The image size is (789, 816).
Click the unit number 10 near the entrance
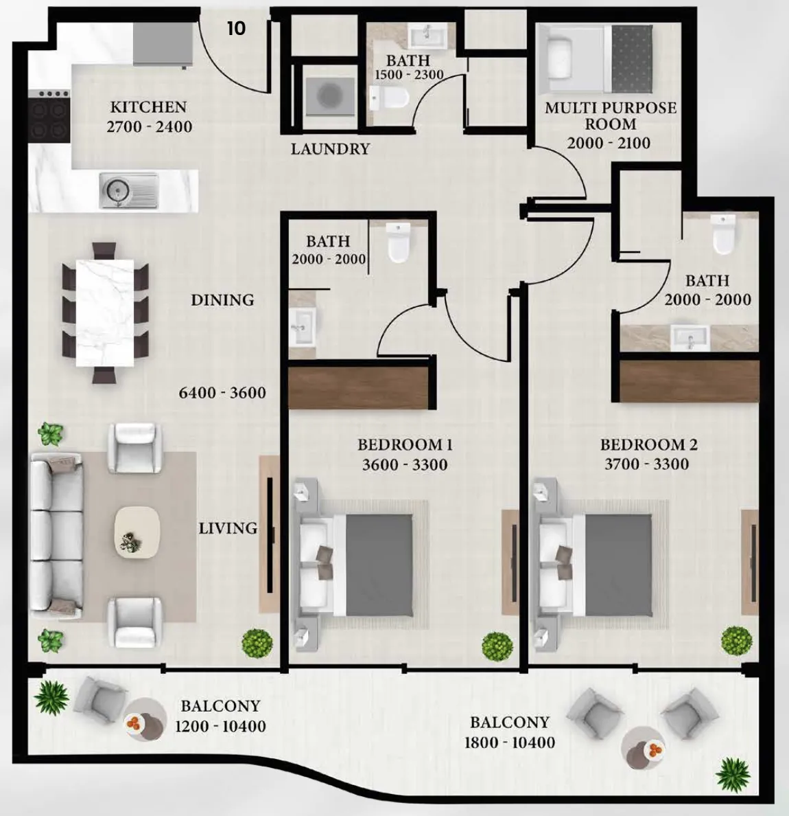click(x=236, y=28)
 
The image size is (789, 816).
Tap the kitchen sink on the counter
click(x=129, y=190)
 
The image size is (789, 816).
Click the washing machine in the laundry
click(x=330, y=97)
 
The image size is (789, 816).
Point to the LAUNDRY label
click(x=330, y=149)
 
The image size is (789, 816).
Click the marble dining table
click(x=105, y=313)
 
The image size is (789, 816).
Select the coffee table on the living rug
click(x=137, y=532)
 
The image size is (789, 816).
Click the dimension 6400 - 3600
click(x=222, y=393)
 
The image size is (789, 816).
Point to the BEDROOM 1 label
click(x=405, y=445)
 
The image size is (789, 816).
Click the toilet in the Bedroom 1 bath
click(x=399, y=242)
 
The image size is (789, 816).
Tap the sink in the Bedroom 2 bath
click(x=690, y=338)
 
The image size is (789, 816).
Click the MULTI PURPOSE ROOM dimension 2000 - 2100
click(x=609, y=143)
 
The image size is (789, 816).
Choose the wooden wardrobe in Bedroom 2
click(x=690, y=381)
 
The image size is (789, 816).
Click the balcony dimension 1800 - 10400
click(x=509, y=743)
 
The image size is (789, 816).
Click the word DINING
click(x=222, y=300)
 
